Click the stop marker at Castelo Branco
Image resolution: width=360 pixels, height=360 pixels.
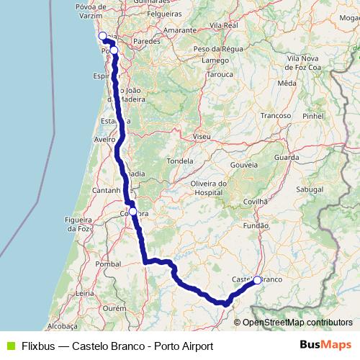tap(257, 280)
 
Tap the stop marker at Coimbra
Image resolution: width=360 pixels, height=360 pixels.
tap(132, 211)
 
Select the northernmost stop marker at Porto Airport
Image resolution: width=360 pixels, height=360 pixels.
tap(102, 36)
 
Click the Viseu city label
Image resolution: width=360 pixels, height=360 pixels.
tap(202, 135)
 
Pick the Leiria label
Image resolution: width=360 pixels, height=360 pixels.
tap(84, 294)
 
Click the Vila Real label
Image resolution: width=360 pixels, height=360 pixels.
tap(224, 24)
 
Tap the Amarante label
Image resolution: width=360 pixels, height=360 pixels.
tap(180, 31)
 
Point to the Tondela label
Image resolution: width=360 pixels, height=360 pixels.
tap(182, 161)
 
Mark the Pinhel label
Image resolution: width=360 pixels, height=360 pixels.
tap(313, 115)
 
